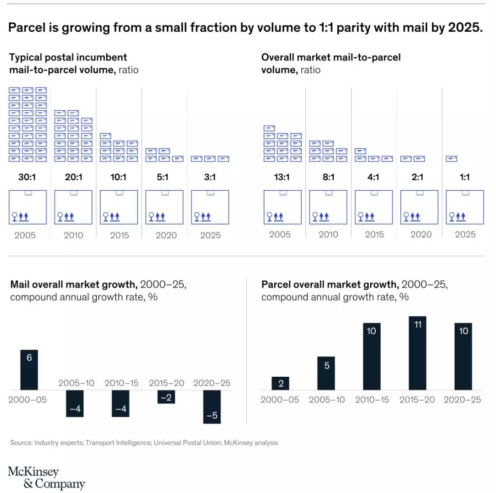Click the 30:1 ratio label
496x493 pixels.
click(28, 177)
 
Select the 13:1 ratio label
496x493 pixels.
click(282, 177)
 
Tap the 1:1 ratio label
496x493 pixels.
click(465, 177)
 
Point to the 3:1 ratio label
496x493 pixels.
click(210, 177)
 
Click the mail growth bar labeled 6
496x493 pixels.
click(29, 370)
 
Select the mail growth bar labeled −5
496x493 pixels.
click(212, 407)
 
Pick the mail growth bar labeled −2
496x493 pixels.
click(166, 397)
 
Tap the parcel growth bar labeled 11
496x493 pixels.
click(417, 353)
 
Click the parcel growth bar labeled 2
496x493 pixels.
click(281, 383)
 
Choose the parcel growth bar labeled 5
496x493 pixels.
click(327, 373)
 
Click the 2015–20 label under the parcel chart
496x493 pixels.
click(417, 400)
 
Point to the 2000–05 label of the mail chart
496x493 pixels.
click(28, 400)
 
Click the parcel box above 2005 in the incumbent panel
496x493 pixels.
click(28, 207)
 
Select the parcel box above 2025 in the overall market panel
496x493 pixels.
click(465, 207)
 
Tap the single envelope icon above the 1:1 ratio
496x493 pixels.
click(451, 159)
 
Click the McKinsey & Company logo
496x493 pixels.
click(46, 478)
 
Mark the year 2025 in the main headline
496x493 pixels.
click(464, 28)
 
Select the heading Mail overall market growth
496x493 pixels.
click(73, 284)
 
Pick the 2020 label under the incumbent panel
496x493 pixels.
click(166, 235)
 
